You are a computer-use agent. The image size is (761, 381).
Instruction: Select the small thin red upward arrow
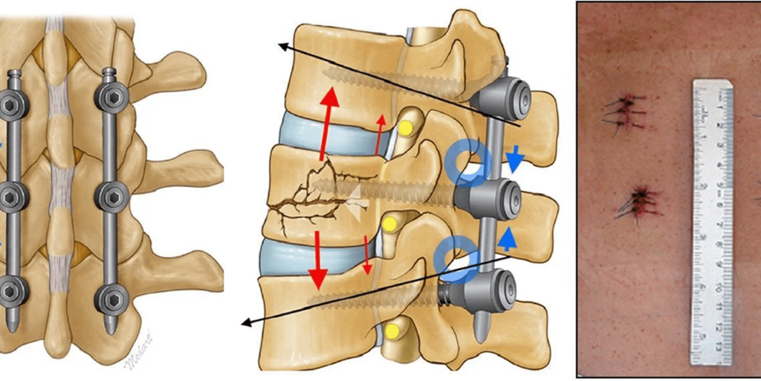coord(380,132)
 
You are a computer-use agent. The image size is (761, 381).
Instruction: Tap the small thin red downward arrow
coord(367,253)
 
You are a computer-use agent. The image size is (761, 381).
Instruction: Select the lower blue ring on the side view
coord(454,257)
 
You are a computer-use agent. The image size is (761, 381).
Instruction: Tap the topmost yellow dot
coord(405,128)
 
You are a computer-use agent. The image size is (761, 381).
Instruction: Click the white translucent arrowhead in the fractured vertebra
coord(355,196)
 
